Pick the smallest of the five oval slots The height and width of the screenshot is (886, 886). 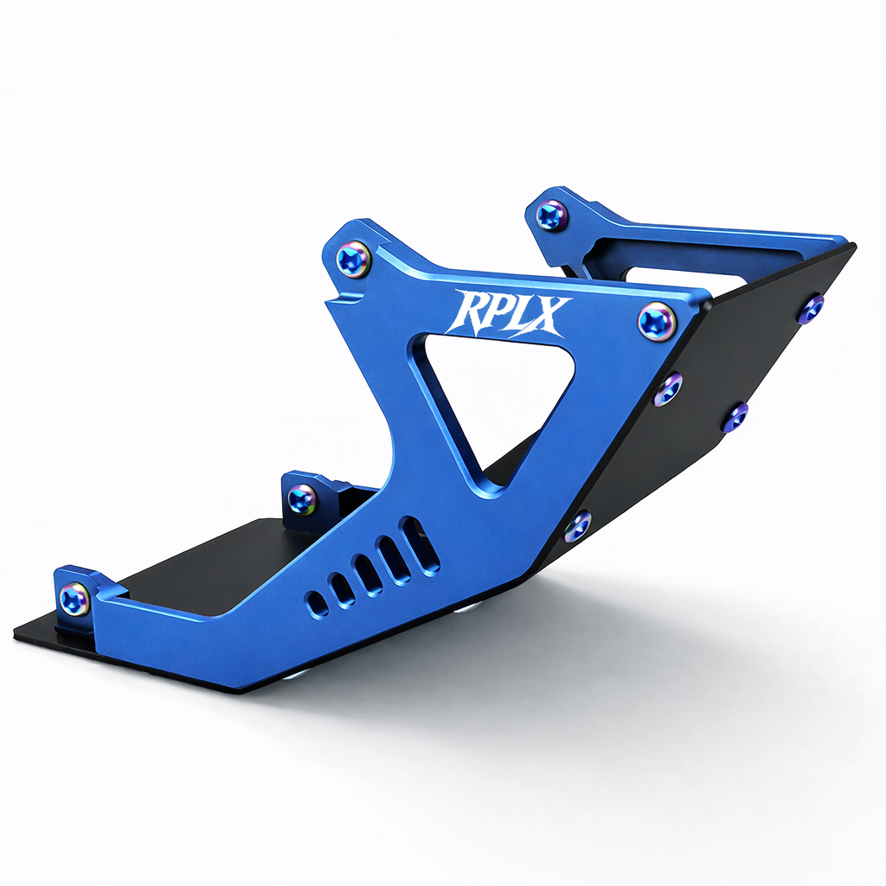318,603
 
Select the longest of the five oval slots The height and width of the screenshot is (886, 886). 418,545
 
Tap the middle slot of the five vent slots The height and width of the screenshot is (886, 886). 368,575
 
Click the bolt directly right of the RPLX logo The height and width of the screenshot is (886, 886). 657,322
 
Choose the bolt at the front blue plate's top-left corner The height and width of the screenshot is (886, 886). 353,259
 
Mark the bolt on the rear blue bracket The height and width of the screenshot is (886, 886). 551,215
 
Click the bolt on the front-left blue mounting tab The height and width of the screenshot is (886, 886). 74,599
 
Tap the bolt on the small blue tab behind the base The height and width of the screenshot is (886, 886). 302,498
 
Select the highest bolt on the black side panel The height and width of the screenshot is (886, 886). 811,309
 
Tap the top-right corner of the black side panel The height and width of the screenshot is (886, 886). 852,247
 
